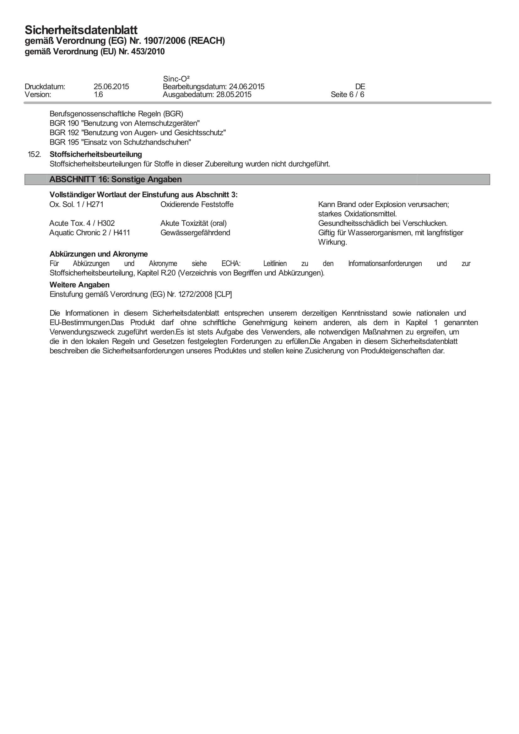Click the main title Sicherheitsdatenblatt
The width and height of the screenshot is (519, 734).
[x=81, y=30]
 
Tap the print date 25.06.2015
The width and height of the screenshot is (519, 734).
[x=111, y=87]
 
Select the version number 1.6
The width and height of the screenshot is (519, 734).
[x=99, y=95]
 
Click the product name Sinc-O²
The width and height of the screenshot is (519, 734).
[x=176, y=79]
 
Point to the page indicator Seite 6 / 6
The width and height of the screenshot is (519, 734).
[x=347, y=95]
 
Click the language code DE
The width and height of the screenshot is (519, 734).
[x=360, y=87]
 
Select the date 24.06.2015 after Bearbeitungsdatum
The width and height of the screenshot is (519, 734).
[x=247, y=87]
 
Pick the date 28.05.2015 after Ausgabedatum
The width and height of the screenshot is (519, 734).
[x=234, y=95]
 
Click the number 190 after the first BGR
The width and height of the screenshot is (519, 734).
[x=73, y=123]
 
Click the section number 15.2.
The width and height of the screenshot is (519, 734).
[x=34, y=155]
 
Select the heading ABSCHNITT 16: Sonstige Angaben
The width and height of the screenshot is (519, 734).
[x=115, y=179]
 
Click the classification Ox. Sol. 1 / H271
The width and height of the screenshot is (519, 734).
[x=76, y=204]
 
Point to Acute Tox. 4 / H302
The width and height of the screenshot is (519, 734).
[x=82, y=223]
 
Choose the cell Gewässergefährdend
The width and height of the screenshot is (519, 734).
[x=195, y=233]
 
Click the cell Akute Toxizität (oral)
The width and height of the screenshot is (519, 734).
[x=193, y=223]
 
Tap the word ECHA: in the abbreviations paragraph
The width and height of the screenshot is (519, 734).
[x=231, y=264]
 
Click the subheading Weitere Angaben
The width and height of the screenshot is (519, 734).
[x=79, y=285]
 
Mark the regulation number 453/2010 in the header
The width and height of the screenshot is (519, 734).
[x=148, y=52]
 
